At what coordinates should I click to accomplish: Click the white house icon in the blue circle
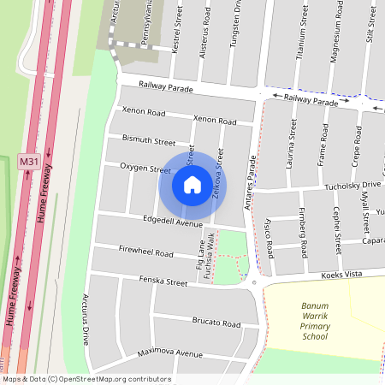pos(192,185)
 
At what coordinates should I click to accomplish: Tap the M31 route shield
pos(29,161)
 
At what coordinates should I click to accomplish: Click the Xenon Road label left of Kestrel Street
pos(143,111)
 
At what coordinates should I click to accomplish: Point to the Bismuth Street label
pos(148,139)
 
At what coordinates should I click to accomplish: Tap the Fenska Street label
pos(165,281)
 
